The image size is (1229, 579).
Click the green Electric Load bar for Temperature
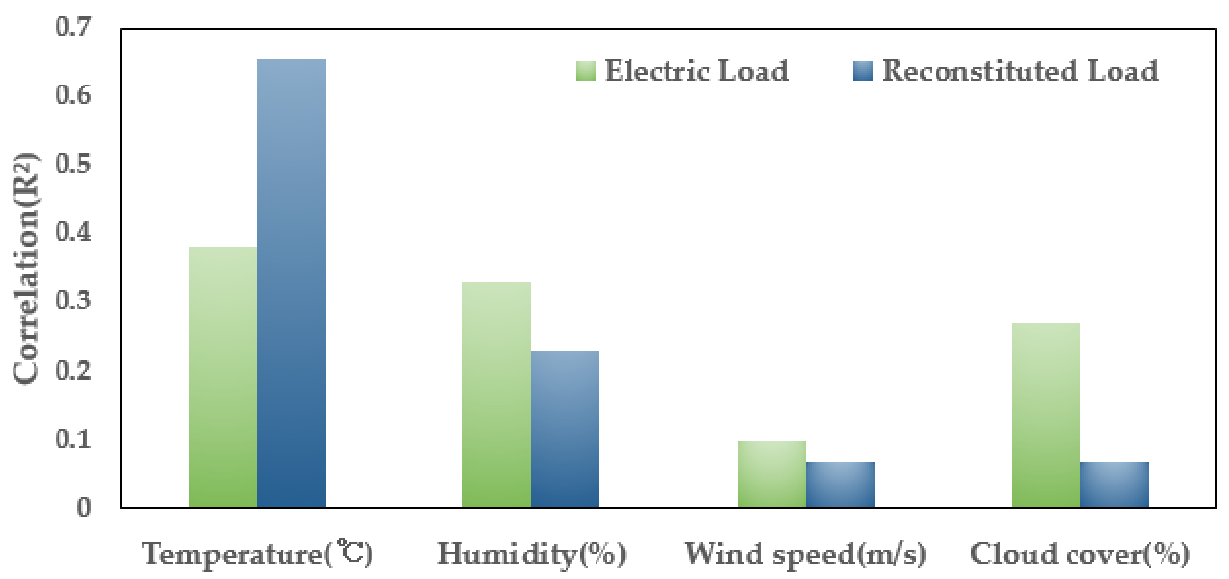click(x=222, y=377)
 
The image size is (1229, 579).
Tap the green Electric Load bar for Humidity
click(x=496, y=394)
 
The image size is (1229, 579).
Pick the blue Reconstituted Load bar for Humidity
click(x=565, y=429)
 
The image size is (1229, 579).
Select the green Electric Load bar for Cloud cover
click(x=1045, y=415)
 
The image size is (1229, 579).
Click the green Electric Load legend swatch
click(x=585, y=71)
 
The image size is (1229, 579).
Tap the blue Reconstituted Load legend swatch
click(x=863, y=71)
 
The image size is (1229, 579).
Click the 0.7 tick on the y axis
click(x=72, y=26)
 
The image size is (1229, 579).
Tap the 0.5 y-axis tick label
click(x=72, y=164)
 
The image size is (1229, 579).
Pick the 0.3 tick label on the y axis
click(x=72, y=301)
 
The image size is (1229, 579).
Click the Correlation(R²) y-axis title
click(x=26, y=268)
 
